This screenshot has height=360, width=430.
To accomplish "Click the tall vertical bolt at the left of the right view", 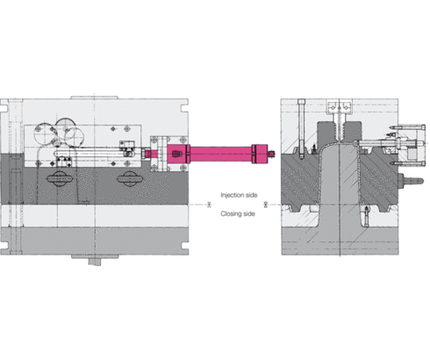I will point(300,132).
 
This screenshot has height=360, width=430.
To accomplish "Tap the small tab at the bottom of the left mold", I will point(98,262).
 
